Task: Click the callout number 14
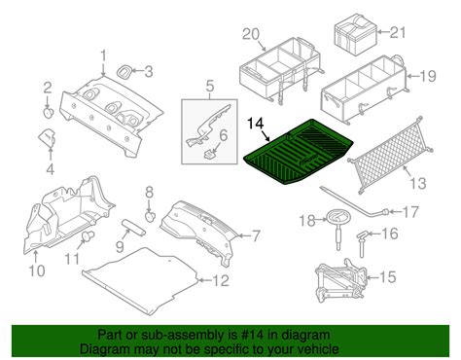[x=255, y=124]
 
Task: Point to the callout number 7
[x=256, y=235]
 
